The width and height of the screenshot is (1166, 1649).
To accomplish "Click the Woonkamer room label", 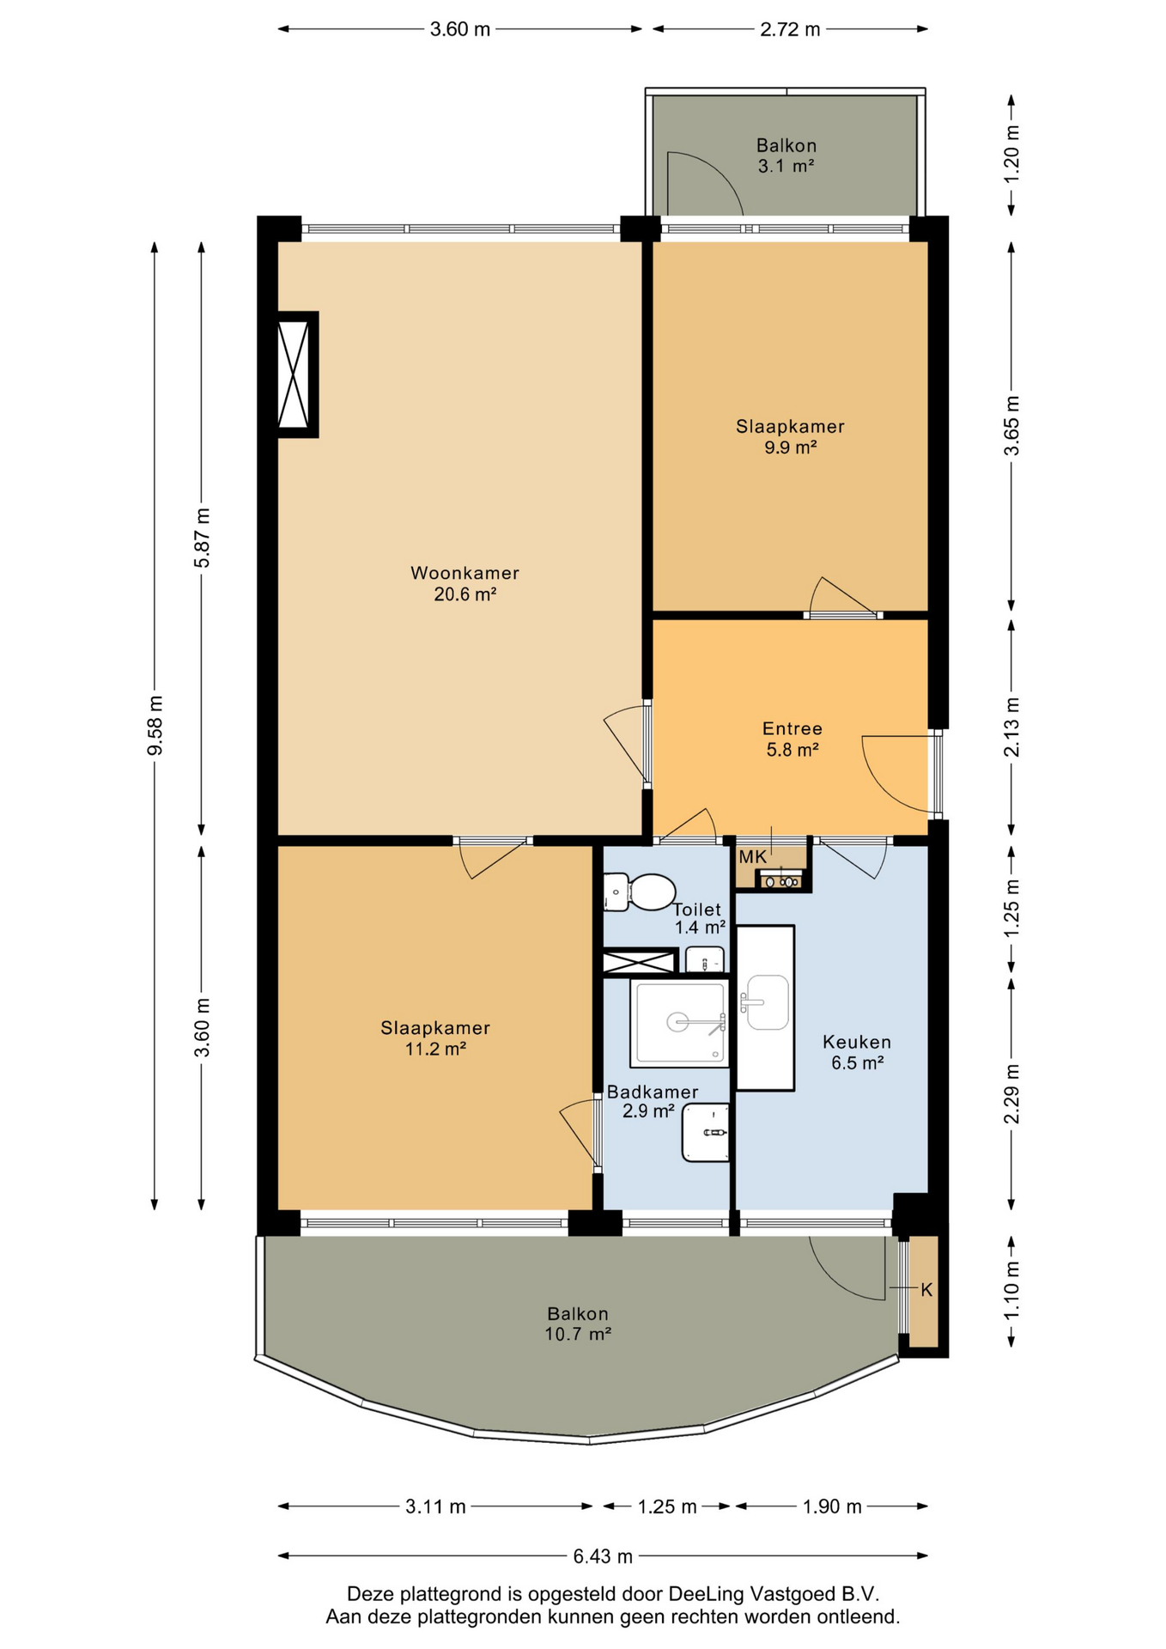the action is [465, 573].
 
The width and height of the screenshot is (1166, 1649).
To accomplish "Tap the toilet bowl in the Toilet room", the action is [650, 891].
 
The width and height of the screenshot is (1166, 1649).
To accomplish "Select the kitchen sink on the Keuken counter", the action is [767, 1001].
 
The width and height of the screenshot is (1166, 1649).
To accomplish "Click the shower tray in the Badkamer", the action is [679, 1022].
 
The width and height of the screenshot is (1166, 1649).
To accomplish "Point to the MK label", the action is [752, 856].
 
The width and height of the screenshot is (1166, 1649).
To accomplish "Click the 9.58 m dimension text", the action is [155, 726].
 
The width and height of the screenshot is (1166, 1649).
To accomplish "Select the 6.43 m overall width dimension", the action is [603, 1555].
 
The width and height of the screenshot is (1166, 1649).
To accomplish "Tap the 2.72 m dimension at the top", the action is [790, 29].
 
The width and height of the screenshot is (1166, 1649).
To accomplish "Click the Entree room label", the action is [793, 728].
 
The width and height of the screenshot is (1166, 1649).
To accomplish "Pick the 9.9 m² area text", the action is [790, 447].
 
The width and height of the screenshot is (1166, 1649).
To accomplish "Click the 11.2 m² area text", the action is [435, 1049].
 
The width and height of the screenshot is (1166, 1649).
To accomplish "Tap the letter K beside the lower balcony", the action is [926, 1289].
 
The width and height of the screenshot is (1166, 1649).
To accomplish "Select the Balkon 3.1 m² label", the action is [786, 155].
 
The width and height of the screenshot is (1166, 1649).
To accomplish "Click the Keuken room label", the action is [857, 1042].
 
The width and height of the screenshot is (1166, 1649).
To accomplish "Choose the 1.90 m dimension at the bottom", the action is [832, 1506].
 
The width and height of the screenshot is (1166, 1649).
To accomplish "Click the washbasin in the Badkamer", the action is [706, 1133].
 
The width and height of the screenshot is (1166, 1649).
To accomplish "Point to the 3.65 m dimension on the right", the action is [1012, 426].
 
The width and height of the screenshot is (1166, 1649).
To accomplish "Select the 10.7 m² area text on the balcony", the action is [578, 1334].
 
